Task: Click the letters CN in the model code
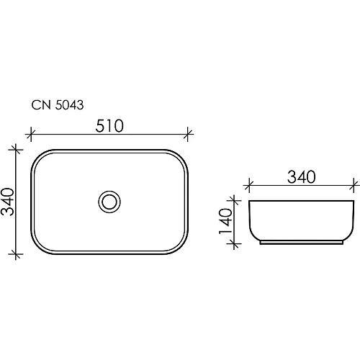pyautogui.click(x=41, y=105)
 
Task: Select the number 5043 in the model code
pyautogui.click(x=68, y=105)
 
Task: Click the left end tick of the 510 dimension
pyautogui.click(x=30, y=133)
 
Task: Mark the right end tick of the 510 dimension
pyautogui.click(x=189, y=133)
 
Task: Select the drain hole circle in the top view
pyautogui.click(x=109, y=202)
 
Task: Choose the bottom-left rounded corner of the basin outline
pyautogui.click(x=39, y=247)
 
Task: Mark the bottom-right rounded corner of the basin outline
pyautogui.click(x=180, y=247)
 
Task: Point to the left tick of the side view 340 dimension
pyautogui.click(x=248, y=185)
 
